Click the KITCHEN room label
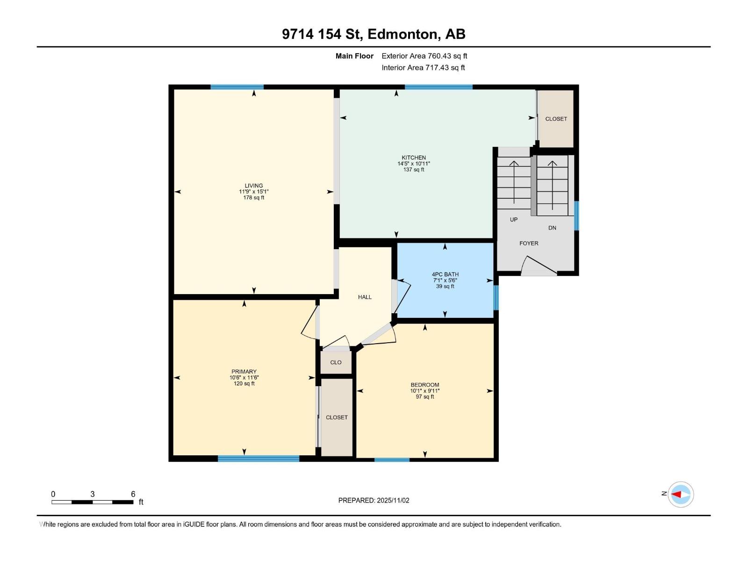pos(414,158)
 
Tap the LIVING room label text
pos(254,186)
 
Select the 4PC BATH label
pos(445,274)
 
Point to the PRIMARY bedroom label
pos(244,372)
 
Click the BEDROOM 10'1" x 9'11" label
pos(424,390)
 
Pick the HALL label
pos(365,297)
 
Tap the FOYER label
pos(529,243)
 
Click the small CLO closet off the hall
pos(336,362)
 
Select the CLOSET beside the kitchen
pos(556,119)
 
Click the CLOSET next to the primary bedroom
pos(337,417)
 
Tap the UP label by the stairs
pos(514,219)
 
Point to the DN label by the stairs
pos(552,228)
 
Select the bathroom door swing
pos(402,295)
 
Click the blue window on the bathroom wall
pos(496,297)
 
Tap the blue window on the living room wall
pos(237,87)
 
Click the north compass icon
pos(680,494)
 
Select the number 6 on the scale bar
pos(133,494)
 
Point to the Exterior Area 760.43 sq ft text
pos(424,56)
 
